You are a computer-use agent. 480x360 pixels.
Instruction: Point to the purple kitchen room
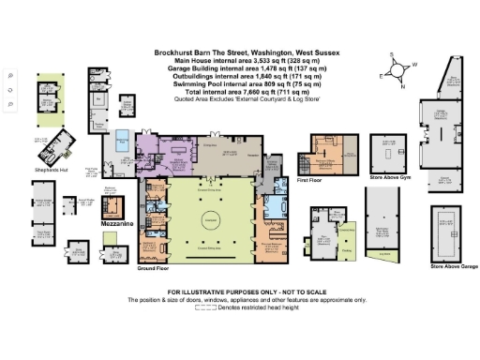[x=148, y=150]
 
